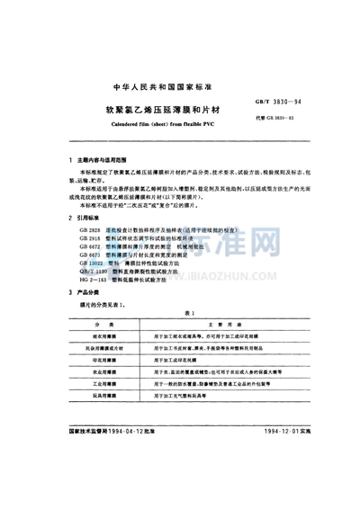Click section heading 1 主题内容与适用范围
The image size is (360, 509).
click(x=103, y=160)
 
